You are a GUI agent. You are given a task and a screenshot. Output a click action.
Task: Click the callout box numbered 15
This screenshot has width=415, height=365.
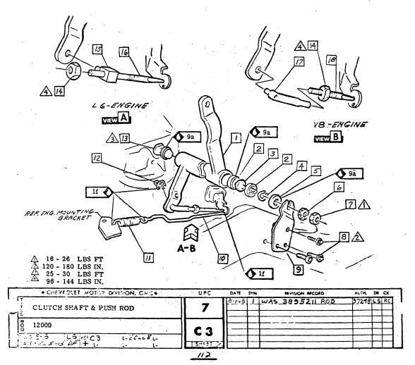(97, 48)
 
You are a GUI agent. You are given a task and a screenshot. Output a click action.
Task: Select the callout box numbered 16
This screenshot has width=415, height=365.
(124, 52)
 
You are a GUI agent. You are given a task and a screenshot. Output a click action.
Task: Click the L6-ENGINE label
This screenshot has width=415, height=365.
(119, 106)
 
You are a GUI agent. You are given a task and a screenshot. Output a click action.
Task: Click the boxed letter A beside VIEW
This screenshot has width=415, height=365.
(124, 118)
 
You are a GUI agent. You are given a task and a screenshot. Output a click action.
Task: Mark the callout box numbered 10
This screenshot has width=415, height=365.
(222, 259)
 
